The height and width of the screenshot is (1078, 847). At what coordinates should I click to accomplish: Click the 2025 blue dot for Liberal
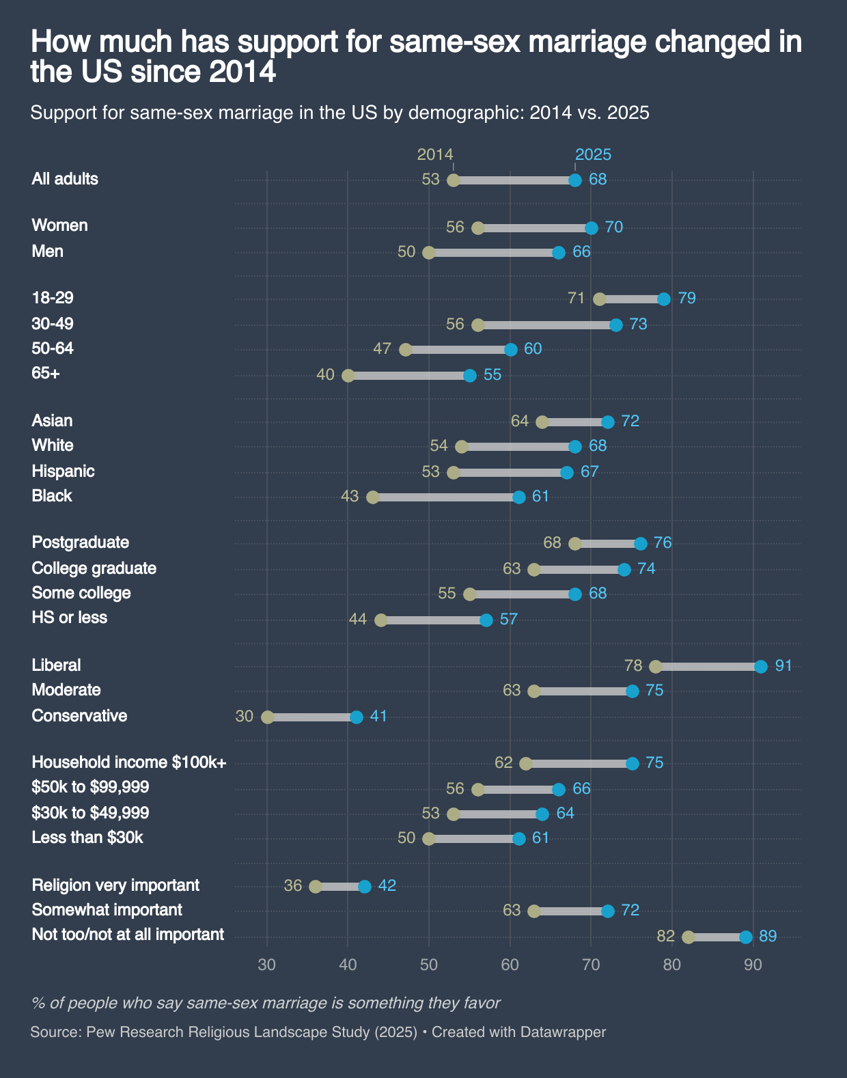(x=761, y=667)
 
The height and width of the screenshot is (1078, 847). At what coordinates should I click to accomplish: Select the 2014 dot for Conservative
(x=268, y=717)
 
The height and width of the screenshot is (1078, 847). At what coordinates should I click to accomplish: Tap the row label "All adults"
(x=65, y=179)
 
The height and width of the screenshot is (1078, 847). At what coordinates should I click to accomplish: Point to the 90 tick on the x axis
(x=753, y=965)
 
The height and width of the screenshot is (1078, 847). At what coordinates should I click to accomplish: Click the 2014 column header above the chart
(x=435, y=154)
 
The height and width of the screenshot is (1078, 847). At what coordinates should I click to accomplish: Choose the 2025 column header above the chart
(x=593, y=154)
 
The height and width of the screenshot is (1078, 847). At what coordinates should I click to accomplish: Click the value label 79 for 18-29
(x=686, y=299)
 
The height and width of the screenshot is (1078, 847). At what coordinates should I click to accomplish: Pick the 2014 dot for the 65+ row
(x=348, y=376)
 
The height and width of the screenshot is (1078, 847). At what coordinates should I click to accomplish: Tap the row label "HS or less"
(x=70, y=618)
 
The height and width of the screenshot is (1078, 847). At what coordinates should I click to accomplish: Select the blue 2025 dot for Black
(x=519, y=497)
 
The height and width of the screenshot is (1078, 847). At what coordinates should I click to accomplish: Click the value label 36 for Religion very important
(x=293, y=886)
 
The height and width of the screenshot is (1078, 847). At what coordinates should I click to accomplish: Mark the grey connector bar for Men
(x=493, y=253)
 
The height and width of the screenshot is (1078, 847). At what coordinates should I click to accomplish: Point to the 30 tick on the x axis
(x=267, y=965)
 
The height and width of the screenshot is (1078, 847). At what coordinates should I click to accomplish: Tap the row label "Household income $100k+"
(x=129, y=762)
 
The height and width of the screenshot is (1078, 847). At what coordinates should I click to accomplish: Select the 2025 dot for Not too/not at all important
(x=746, y=937)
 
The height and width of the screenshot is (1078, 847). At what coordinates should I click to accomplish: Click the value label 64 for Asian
(x=520, y=421)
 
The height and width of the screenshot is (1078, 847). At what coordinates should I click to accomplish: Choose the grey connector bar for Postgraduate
(x=608, y=544)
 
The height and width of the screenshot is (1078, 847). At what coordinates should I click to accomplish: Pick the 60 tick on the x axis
(x=510, y=965)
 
